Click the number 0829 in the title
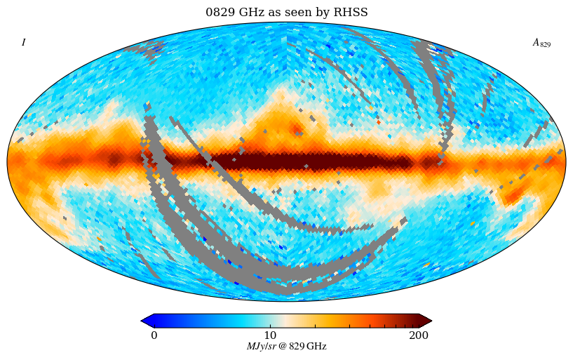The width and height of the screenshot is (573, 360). (x=220, y=13)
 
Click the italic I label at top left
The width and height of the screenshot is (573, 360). (x=23, y=43)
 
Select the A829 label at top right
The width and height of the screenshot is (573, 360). (x=541, y=43)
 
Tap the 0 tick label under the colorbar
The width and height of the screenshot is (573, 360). (x=154, y=335)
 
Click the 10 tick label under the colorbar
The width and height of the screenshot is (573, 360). (x=270, y=335)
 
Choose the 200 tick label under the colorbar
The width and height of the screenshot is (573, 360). (x=419, y=335)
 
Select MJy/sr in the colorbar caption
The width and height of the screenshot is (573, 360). (x=261, y=347)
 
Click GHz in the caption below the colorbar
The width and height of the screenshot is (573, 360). (x=316, y=347)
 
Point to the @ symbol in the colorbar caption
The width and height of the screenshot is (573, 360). (x=282, y=347)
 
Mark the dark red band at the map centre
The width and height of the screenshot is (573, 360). (x=309, y=162)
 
